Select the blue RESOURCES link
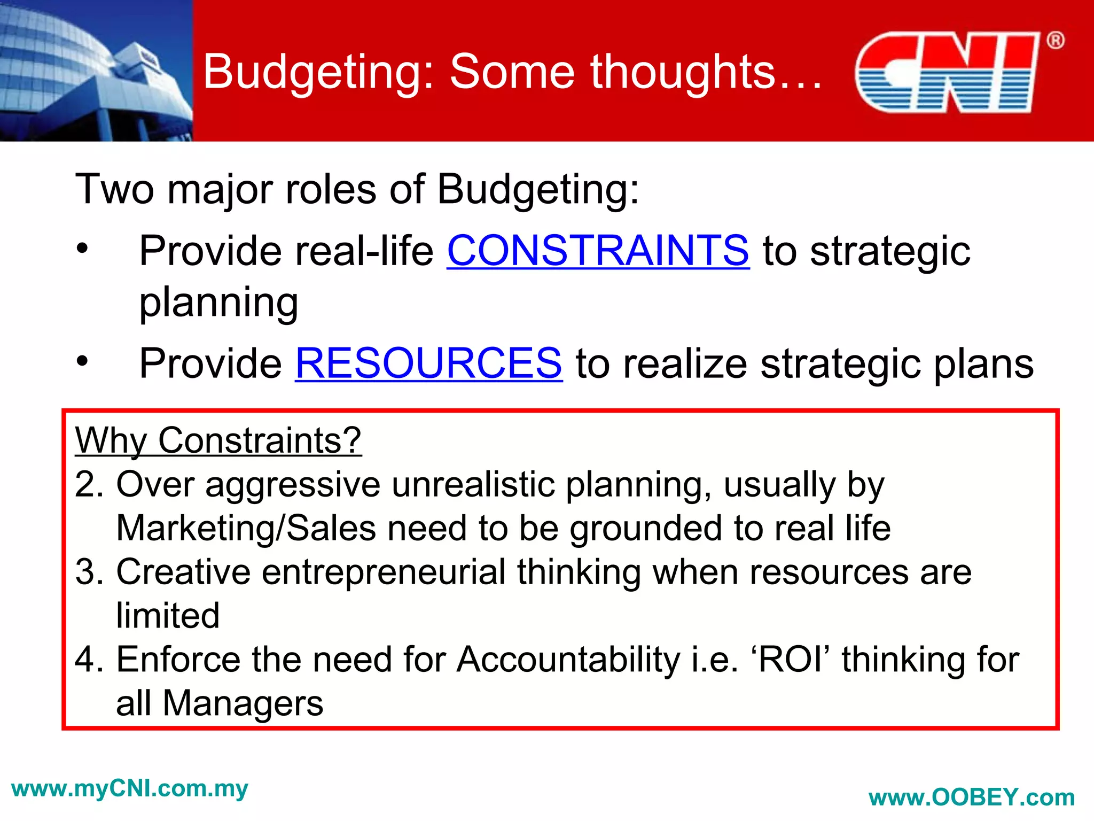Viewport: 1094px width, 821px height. tap(428, 363)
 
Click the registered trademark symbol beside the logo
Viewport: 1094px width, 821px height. tap(1055, 41)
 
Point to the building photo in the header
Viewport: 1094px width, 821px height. tap(96, 71)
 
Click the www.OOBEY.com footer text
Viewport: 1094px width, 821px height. tap(972, 797)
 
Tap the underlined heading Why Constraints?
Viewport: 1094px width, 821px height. tap(218, 440)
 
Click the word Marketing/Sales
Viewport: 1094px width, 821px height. tap(246, 528)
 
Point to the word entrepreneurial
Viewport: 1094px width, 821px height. tap(384, 572)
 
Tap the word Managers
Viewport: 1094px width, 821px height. tap(243, 703)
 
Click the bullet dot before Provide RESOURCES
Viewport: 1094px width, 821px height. tap(82, 361)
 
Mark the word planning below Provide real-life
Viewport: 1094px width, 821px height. tap(218, 303)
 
